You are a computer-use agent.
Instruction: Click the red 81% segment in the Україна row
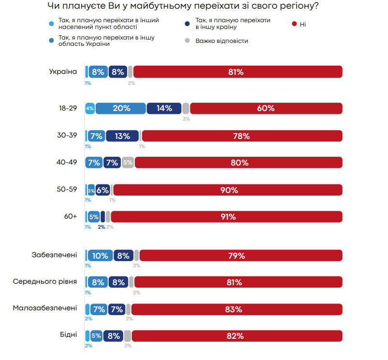[238, 72]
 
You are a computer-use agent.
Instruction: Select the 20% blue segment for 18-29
[121, 109]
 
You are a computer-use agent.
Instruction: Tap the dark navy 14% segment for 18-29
[164, 109]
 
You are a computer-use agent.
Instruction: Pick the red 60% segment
[266, 109]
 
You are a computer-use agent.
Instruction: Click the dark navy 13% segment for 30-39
[122, 136]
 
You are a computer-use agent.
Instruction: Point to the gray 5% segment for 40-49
[128, 163]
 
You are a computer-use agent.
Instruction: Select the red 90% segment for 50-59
[228, 190]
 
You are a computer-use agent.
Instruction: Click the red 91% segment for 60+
[227, 217]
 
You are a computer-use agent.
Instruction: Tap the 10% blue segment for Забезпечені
[101, 256]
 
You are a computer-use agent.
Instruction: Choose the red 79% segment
[241, 256]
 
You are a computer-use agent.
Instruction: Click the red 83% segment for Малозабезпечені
[236, 309]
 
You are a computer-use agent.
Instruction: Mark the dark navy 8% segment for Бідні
[114, 336]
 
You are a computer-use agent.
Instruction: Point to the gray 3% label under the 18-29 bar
[186, 119]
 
